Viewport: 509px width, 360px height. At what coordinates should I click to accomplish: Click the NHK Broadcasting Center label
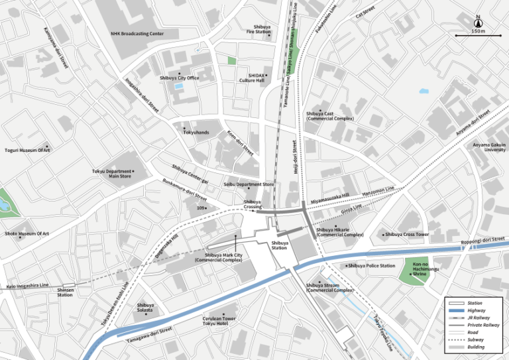137,33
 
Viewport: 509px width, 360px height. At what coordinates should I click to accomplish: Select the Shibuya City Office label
179,78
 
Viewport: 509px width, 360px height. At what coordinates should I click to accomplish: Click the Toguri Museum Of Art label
27,150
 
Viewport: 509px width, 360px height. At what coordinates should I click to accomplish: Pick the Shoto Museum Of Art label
27,233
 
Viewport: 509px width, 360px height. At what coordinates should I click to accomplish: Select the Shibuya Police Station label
371,266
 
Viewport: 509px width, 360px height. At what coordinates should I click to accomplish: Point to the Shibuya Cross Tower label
407,234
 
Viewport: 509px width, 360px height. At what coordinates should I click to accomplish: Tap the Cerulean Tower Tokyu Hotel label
219,321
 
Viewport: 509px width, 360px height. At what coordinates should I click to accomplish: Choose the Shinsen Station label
65,292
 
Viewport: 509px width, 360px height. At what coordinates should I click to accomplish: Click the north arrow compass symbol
478,21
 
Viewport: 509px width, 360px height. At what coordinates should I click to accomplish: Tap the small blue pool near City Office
178,86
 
